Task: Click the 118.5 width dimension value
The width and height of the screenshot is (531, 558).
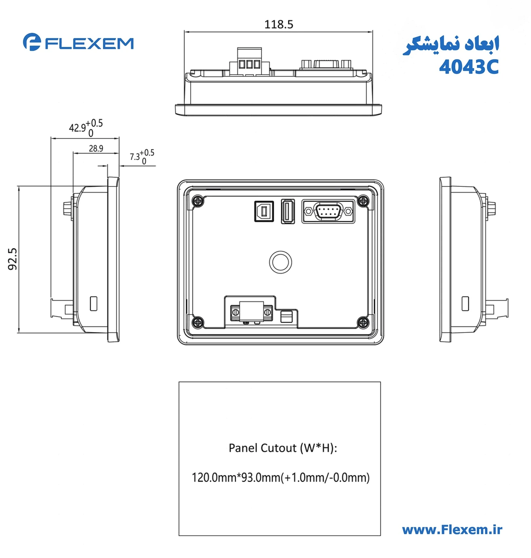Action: point(279,25)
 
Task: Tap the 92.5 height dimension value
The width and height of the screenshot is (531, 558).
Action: point(12,259)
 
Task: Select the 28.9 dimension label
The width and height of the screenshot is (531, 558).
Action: point(96,149)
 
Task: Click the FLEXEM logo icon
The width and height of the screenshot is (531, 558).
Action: point(32,42)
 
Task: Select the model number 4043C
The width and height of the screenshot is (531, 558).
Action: point(468,67)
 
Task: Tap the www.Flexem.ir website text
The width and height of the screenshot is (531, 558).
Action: point(452,530)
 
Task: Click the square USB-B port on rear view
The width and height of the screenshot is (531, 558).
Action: point(264,212)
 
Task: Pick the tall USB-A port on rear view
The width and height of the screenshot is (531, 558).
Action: point(288,212)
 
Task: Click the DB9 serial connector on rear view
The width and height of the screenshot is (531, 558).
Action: point(328,212)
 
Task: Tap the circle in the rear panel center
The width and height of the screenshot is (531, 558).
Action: point(280,262)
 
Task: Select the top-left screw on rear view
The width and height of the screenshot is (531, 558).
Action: point(198,201)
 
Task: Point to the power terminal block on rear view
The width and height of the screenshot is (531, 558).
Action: point(251,312)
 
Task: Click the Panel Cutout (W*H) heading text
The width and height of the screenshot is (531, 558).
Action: point(283,448)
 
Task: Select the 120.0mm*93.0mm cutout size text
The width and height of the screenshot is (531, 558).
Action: point(280,477)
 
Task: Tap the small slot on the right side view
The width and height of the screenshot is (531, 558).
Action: point(465,304)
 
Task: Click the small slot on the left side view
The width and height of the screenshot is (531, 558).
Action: point(94,304)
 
